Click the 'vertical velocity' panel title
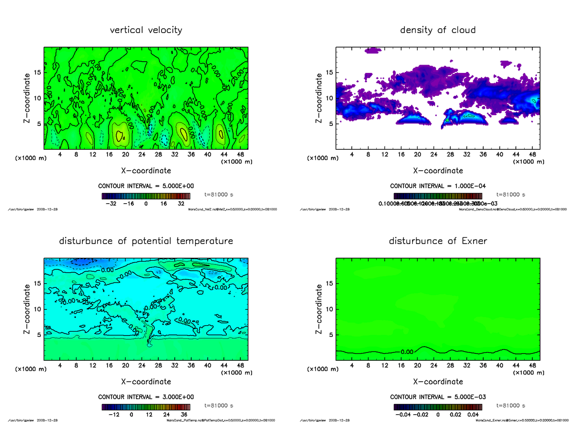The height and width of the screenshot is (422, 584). pyautogui.click(x=146, y=30)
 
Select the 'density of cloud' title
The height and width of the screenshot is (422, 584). pyautogui.click(x=438, y=30)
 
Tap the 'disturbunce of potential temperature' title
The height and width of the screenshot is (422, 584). pyautogui.click(x=146, y=241)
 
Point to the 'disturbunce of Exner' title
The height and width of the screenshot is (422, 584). pyautogui.click(x=438, y=241)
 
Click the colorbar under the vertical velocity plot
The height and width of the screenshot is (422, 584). pyautogui.click(x=146, y=196)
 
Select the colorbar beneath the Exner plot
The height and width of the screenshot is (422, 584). pyautogui.click(x=438, y=407)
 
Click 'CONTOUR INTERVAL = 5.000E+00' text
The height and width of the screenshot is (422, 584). pyautogui.click(x=146, y=186)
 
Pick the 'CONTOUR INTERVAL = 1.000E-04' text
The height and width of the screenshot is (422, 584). pyautogui.click(x=438, y=186)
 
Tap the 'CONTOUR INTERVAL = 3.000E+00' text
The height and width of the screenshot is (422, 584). pyautogui.click(x=146, y=397)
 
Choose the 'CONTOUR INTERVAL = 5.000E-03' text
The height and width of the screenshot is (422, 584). pyautogui.click(x=438, y=397)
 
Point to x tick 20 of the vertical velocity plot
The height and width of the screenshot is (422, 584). pyautogui.click(x=126, y=155)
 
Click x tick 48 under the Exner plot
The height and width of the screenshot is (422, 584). pyautogui.click(x=532, y=366)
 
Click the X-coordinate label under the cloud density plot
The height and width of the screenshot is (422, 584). pyautogui.click(x=438, y=171)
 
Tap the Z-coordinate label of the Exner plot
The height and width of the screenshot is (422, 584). pyautogui.click(x=319, y=309)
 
